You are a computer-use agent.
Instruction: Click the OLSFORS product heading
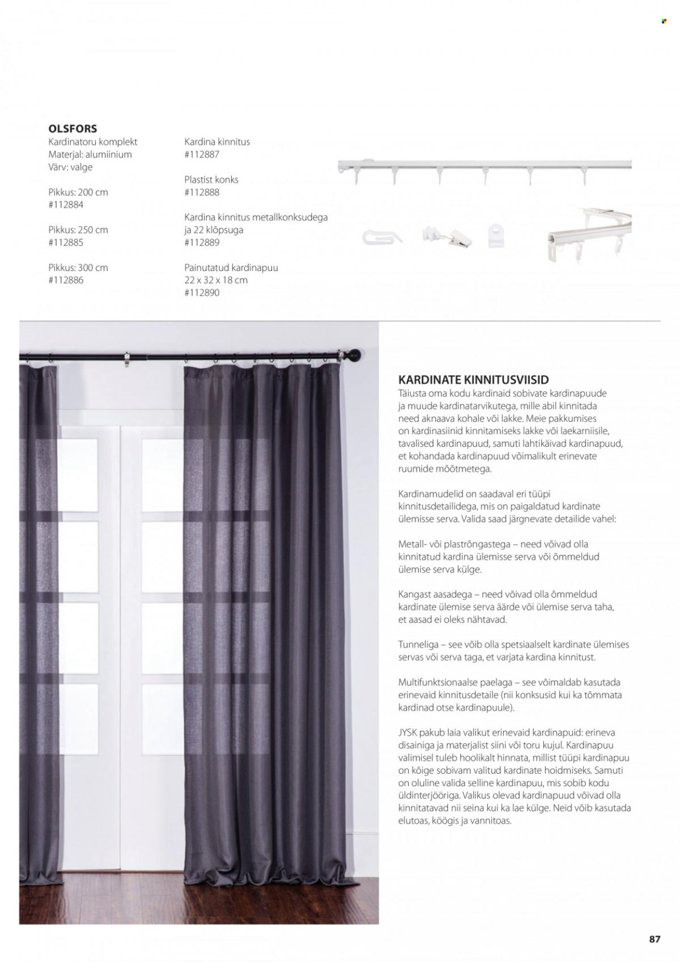pyautogui.click(x=73, y=129)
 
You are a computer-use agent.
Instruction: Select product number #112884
pyautogui.click(x=66, y=205)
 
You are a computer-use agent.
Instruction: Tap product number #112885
pyautogui.click(x=66, y=243)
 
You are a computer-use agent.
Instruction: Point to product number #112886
pyautogui.click(x=66, y=280)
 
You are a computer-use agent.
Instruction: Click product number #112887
pyautogui.click(x=202, y=154)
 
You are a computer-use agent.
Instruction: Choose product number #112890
pyautogui.click(x=202, y=293)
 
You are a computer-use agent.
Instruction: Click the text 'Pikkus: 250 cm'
pyautogui.click(x=78, y=230)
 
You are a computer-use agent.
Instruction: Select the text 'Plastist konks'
pyautogui.click(x=211, y=179)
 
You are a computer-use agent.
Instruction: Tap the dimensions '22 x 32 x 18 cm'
pyautogui.click(x=216, y=280)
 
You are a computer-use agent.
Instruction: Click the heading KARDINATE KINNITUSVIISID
pyautogui.click(x=474, y=380)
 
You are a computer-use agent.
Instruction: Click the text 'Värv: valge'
pyautogui.click(x=70, y=167)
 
